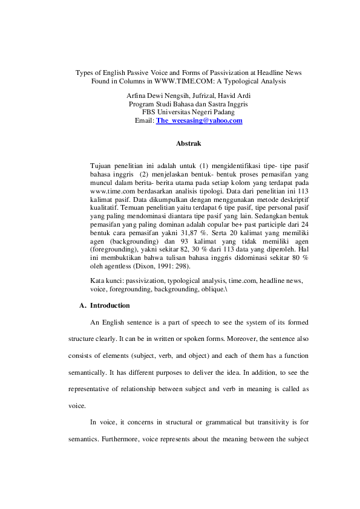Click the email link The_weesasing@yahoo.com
[199, 121]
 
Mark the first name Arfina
[137, 96]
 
